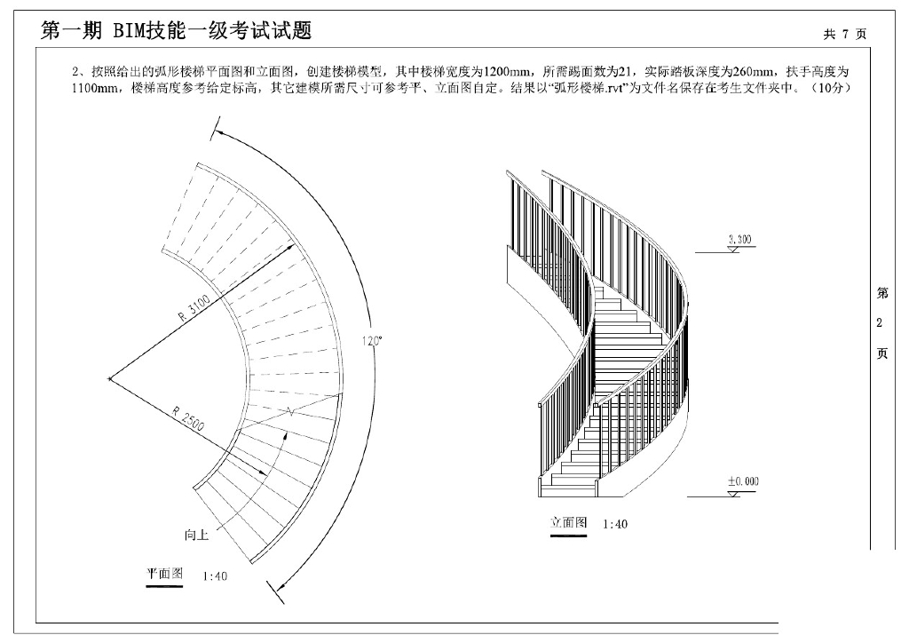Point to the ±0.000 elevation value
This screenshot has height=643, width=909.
[743, 481]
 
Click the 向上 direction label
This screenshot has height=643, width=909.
[197, 535]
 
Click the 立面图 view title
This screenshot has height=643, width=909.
[568, 522]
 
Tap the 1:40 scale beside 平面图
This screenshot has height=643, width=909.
[215, 576]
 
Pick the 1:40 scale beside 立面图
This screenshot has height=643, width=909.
[615, 524]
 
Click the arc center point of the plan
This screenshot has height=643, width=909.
[109, 379]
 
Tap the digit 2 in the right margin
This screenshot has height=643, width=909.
[880, 322]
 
